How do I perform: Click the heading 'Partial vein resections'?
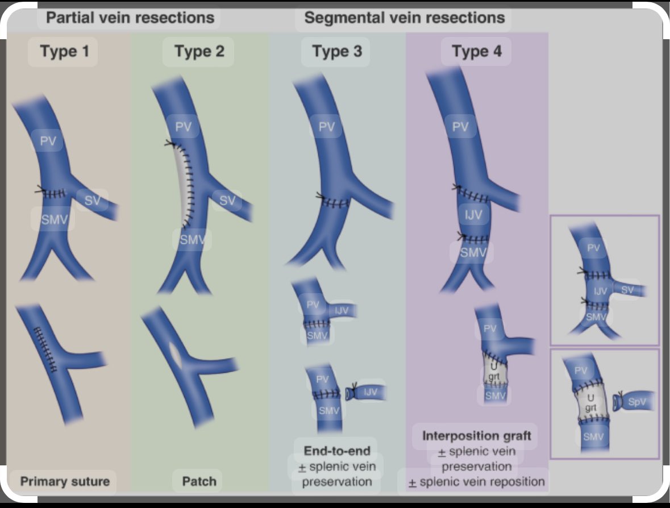point(130,18)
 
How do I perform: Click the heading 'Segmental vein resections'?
point(404,18)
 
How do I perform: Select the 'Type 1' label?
point(64,52)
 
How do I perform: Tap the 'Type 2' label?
point(199,52)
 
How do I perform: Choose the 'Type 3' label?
point(336,52)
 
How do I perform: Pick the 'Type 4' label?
point(477,52)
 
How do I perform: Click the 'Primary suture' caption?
point(65,481)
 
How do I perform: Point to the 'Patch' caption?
point(199,481)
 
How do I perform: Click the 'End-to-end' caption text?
point(337,452)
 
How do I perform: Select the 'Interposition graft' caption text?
point(477,436)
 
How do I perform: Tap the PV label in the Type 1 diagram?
point(48,141)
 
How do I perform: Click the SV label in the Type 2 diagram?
point(227,200)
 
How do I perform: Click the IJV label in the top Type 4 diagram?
point(470,215)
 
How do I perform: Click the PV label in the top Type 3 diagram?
point(326,127)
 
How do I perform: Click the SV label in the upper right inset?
point(627,290)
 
